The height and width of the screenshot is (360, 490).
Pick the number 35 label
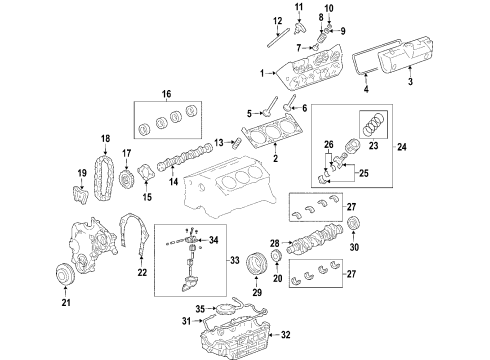tap(200, 308)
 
